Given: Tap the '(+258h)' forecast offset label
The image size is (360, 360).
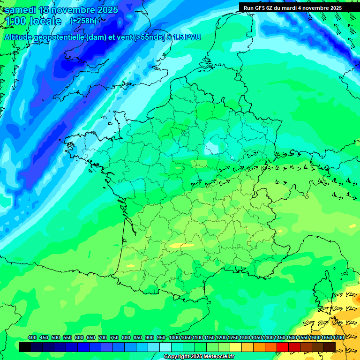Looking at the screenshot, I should click(83, 21).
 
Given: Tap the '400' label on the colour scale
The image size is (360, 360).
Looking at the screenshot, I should click(32, 337).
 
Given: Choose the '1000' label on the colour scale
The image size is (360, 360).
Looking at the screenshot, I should click(174, 337).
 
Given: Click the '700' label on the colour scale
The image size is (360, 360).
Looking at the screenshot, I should click(103, 337).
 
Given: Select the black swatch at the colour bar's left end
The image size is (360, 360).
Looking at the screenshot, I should click(25, 347).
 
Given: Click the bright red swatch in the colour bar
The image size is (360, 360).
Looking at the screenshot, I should click(283, 347).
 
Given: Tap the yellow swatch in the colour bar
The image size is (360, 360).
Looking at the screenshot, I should click(236, 347).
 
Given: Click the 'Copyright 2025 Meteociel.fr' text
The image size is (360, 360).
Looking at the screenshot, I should click(198, 357).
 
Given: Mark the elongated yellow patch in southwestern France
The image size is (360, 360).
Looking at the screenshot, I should click(181, 245).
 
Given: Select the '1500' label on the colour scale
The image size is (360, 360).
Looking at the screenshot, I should click(291, 337).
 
